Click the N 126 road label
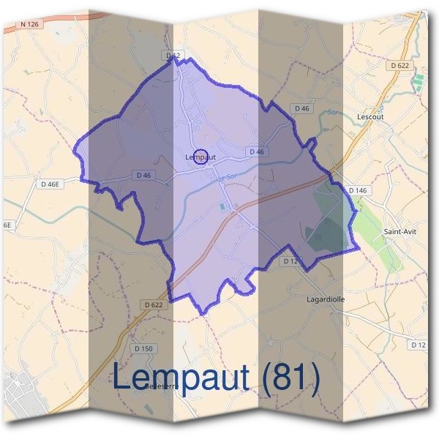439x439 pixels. [29, 24]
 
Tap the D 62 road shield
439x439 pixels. [173, 55]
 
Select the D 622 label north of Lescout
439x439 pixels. [400, 65]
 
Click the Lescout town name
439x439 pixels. [369, 116]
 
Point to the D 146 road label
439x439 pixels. [357, 191]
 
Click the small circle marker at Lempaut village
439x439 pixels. [204, 156]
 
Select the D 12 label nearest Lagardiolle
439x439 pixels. [290, 261]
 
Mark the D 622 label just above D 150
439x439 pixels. [153, 304]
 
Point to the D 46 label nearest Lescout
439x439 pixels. [301, 108]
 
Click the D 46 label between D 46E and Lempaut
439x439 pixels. [143, 175]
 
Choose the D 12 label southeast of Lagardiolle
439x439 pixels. [419, 344]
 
